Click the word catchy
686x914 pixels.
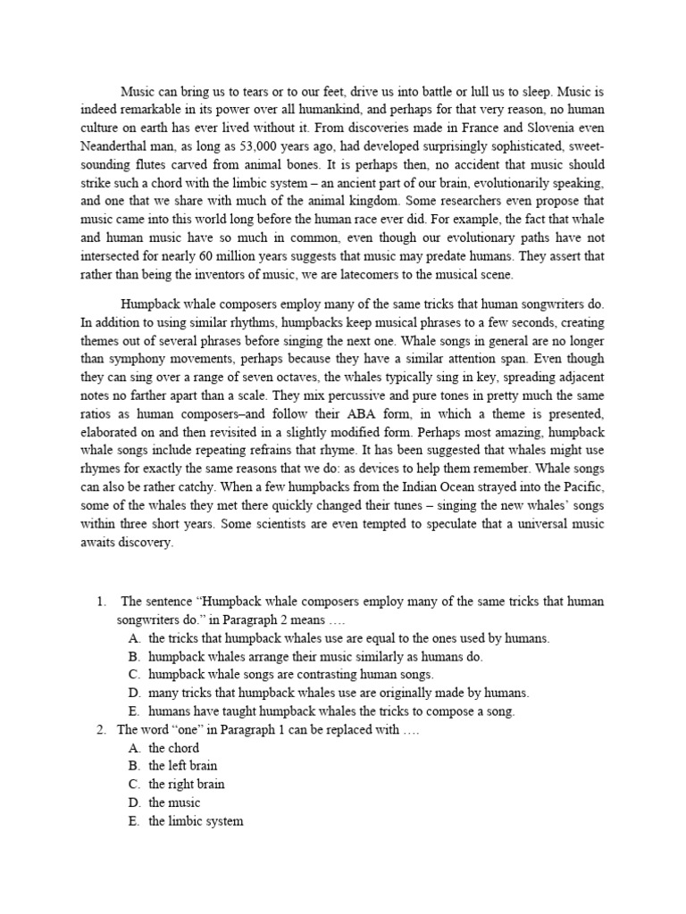[222, 486]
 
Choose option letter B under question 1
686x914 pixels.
[133, 656]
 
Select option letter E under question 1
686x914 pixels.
[133, 711]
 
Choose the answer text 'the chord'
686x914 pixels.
[173, 748]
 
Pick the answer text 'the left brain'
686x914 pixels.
[182, 766]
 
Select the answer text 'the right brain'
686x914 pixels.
[186, 785]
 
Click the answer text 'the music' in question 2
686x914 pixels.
[174, 802]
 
